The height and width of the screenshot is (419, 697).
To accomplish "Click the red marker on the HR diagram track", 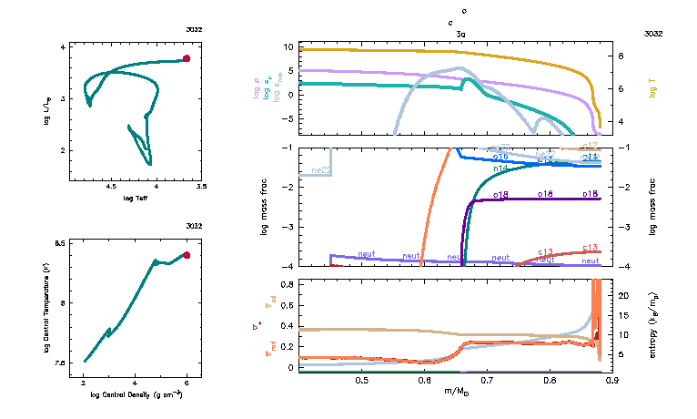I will click(x=187, y=58).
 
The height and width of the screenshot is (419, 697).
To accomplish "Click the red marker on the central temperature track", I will click(x=187, y=255).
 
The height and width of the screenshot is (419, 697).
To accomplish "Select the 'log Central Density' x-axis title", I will click(x=136, y=394).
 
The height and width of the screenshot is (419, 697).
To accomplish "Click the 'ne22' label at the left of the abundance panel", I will click(x=319, y=170).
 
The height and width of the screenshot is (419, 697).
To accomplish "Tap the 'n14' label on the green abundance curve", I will click(x=500, y=169).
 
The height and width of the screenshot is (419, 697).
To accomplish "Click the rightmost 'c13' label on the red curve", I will click(x=590, y=248).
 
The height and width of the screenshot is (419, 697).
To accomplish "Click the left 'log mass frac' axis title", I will click(x=265, y=208).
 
